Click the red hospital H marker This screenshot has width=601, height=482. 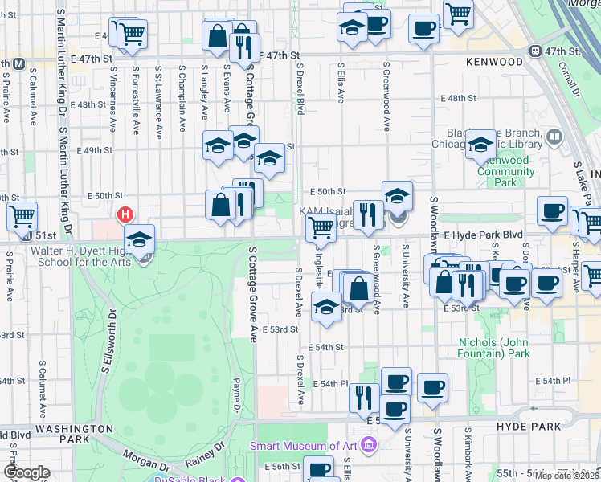[x=125, y=214]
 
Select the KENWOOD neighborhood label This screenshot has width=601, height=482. [x=494, y=62]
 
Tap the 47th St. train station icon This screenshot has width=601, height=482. [x=535, y=51]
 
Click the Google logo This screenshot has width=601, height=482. [x=27, y=472]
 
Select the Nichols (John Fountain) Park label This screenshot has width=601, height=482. [x=495, y=348]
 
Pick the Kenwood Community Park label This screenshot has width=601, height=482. [x=508, y=171]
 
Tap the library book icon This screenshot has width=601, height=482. [x=553, y=137]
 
